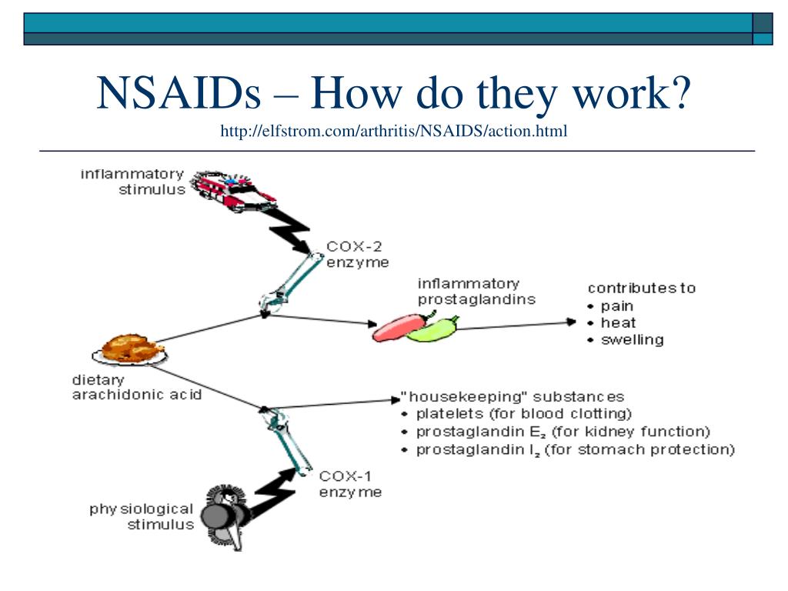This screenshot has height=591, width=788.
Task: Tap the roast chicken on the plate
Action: coord(129,349)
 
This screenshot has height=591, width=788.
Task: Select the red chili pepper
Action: coord(396,326)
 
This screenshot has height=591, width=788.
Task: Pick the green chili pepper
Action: coord(432,329)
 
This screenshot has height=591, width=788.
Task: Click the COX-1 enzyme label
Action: coord(350,484)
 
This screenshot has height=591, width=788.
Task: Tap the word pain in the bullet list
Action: coord(616,306)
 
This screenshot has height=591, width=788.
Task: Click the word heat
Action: coord(618,322)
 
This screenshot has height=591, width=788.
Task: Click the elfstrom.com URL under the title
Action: coord(393,132)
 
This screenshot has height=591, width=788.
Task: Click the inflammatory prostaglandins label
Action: coord(476,292)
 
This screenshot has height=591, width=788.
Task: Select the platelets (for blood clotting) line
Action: coord(523,414)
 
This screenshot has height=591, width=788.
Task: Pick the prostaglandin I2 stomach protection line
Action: coord(575,449)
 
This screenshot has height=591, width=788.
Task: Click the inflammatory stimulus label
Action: coord(132,181)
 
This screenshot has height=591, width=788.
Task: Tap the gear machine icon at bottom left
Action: coord(225,514)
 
